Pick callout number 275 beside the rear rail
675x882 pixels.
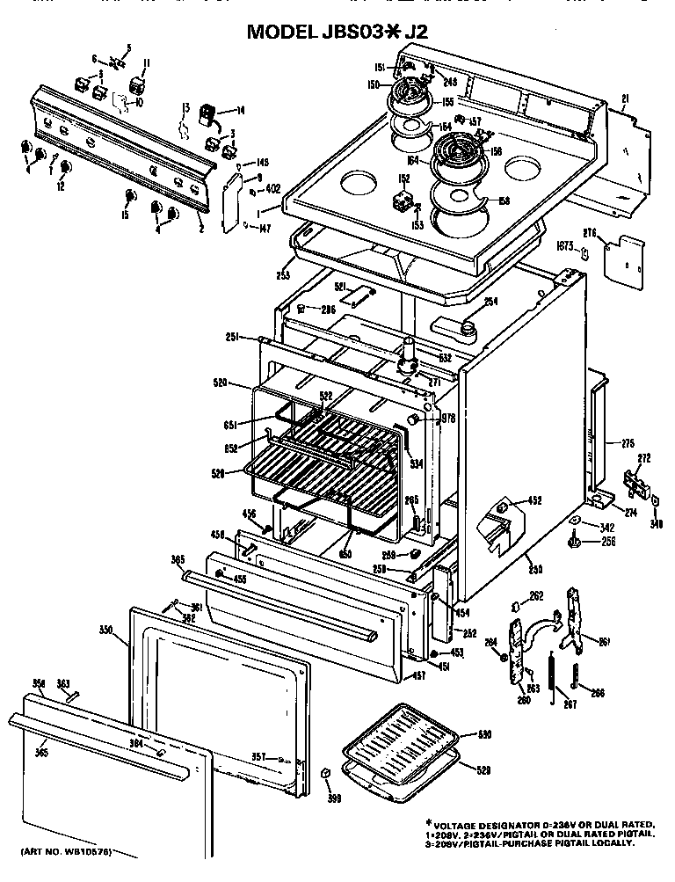628,443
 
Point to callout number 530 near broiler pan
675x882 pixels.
484,733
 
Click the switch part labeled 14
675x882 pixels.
207,113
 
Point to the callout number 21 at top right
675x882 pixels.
625,97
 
